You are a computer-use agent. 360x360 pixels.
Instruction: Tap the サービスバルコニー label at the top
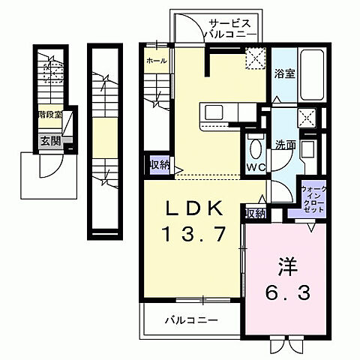tap(235, 28)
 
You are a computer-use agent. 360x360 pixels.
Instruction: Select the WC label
tap(253, 166)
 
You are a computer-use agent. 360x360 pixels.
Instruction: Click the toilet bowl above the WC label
tap(253, 146)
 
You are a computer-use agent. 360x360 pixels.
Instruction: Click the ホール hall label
tap(156, 60)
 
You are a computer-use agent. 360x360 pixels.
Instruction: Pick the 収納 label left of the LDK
tap(158, 164)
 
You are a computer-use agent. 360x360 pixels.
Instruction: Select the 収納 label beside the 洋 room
tap(255, 214)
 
